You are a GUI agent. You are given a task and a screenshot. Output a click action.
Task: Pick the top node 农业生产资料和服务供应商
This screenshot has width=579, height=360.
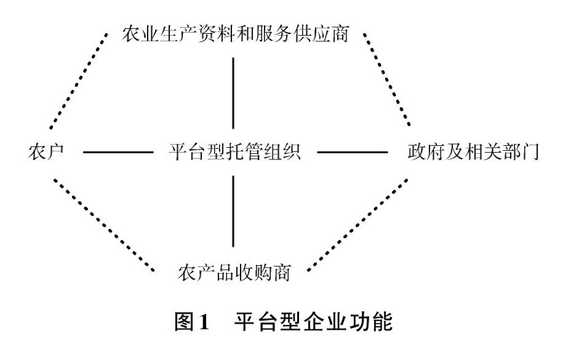pyautogui.click(x=235, y=34)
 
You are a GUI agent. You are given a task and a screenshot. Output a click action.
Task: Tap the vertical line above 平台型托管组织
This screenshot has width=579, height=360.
pyautogui.click(x=233, y=92)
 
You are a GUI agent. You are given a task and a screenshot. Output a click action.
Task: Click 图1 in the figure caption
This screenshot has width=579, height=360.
pyautogui.click(x=193, y=322)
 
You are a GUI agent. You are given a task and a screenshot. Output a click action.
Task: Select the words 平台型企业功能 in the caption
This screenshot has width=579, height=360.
pyautogui.click(x=313, y=322)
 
